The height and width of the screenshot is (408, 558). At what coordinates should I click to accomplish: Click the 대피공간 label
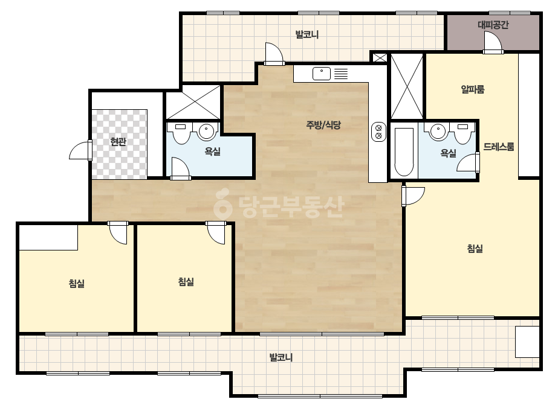pyautogui.click(x=493, y=25)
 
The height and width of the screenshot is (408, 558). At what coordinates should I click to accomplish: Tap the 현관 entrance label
pyautogui.click(x=118, y=142)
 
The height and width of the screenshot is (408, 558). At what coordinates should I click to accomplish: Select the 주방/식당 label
pyautogui.click(x=323, y=125)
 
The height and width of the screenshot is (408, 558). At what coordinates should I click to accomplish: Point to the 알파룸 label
pyautogui.click(x=473, y=89)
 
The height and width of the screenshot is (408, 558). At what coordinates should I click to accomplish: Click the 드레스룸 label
pyautogui.click(x=499, y=147)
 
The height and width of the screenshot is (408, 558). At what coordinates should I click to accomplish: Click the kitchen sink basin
pyautogui.click(x=322, y=74)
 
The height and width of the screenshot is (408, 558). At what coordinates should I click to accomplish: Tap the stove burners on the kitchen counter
pyautogui.click(x=378, y=132)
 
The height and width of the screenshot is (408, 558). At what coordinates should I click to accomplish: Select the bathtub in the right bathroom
pyautogui.click(x=404, y=151)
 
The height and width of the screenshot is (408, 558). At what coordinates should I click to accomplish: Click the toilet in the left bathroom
pyautogui.click(x=181, y=133)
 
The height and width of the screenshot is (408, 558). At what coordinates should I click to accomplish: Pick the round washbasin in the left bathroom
pyautogui.click(x=206, y=132)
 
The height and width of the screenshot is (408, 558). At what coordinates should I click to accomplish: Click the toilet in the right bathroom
pyautogui.click(x=462, y=133)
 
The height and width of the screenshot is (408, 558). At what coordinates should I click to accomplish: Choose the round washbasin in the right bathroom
pyautogui.click(x=438, y=132)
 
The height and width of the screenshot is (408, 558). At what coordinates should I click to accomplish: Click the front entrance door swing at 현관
pyautogui.click(x=80, y=150)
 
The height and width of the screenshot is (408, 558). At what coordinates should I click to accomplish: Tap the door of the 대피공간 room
pyautogui.click(x=493, y=42)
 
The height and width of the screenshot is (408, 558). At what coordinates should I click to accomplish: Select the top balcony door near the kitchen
pyautogui.click(x=274, y=54)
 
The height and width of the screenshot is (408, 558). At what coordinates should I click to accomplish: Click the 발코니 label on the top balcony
pyautogui.click(x=307, y=34)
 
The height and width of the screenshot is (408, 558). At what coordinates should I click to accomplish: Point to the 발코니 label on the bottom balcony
pyautogui.click(x=281, y=357)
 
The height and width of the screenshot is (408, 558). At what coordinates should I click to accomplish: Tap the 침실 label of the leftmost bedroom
pyautogui.click(x=77, y=283)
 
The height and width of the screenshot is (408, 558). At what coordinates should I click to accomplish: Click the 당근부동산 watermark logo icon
pyautogui.click(x=222, y=203)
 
